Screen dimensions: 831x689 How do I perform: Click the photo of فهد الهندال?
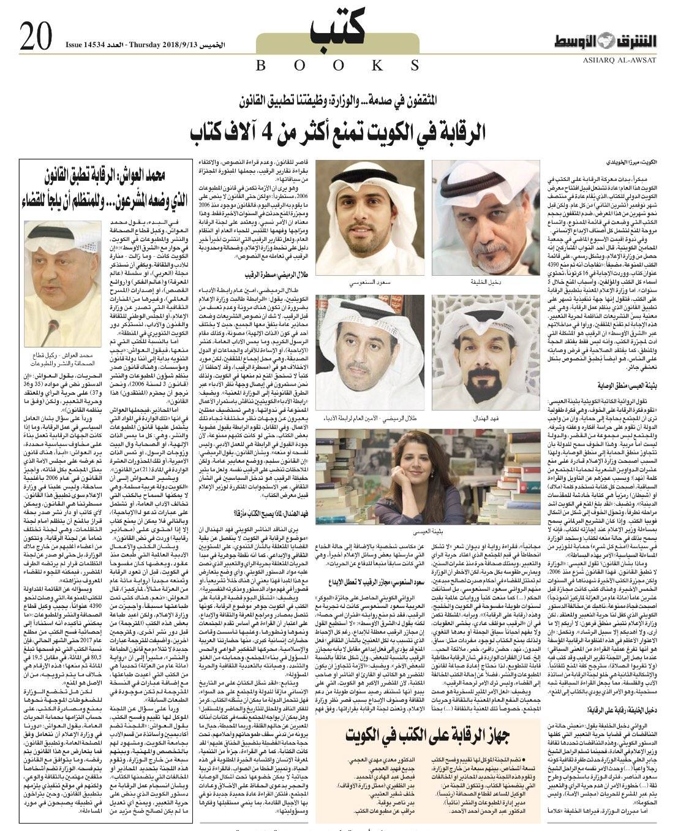click(x=476, y=354)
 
